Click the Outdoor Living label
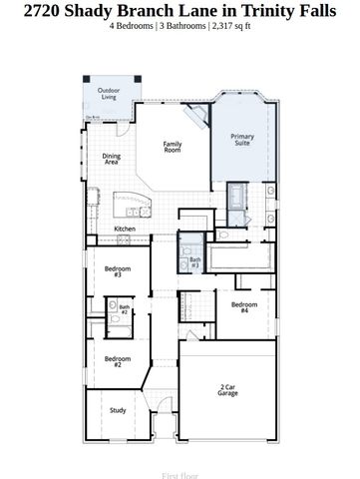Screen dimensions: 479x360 [x=107, y=94]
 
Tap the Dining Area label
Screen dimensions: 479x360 [x=112, y=158]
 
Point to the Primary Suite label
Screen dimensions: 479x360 [x=242, y=139]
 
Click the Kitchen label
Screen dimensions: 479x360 [x=125, y=229]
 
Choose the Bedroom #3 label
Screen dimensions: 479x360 [x=118, y=271]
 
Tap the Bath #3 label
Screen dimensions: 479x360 [x=194, y=263]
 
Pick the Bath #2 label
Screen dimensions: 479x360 [x=125, y=310]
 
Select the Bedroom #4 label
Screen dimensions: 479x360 [x=244, y=307]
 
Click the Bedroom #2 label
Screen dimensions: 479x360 [x=118, y=361]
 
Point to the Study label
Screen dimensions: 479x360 [x=117, y=410]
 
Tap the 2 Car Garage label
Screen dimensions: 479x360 [x=228, y=390]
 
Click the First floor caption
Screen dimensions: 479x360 [x=180, y=465]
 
